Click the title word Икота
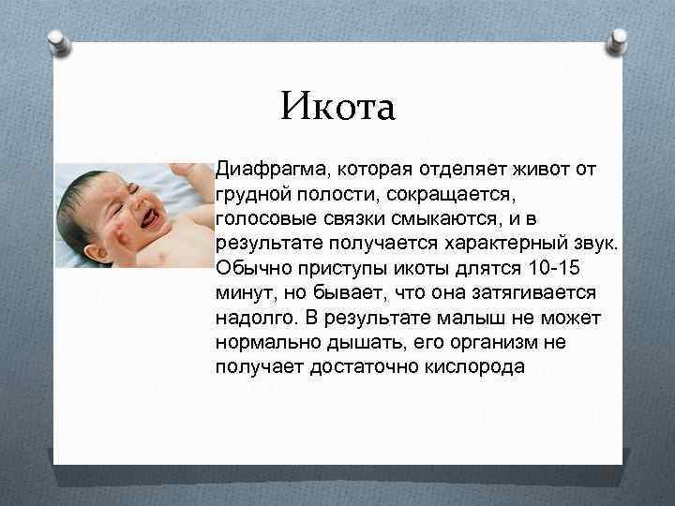click(x=338, y=107)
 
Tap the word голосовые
click(x=263, y=220)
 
